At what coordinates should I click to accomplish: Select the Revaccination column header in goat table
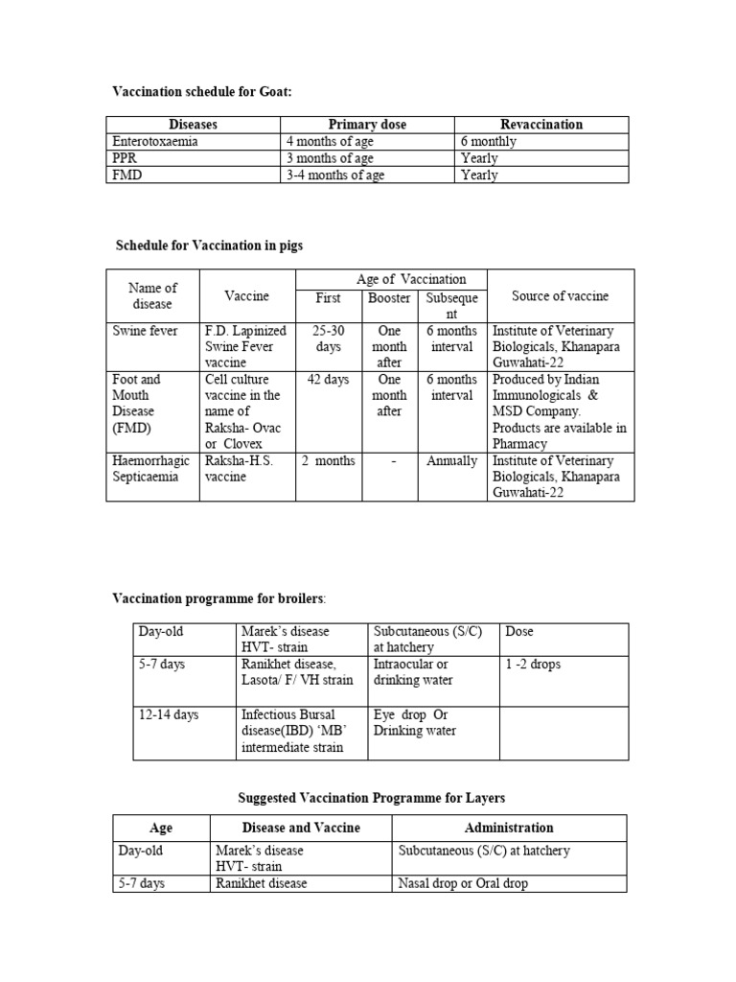point(541,125)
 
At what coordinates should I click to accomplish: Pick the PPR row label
point(126,158)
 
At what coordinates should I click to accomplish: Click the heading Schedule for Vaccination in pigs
point(209,246)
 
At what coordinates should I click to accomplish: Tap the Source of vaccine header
point(560,296)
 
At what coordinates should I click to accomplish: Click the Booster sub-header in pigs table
point(389,298)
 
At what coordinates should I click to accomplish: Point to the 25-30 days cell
point(329,339)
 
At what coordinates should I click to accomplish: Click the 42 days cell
point(329,380)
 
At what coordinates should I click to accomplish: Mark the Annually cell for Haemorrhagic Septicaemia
point(451,461)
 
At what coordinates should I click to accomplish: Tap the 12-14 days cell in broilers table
point(169,715)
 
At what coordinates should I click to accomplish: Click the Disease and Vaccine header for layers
point(301,828)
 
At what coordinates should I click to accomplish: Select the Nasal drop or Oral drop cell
point(463,883)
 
